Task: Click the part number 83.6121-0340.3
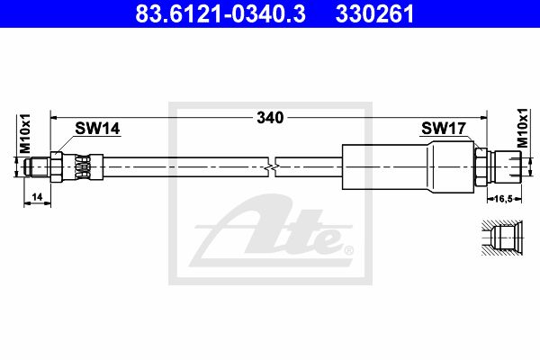(220, 13)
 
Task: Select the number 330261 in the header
(374, 13)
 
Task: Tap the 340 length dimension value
(270, 118)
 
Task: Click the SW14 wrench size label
(97, 129)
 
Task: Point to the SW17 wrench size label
(444, 129)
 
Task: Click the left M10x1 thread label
(25, 133)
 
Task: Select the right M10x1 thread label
(523, 128)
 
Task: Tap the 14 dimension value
(37, 197)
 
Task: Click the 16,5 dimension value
(503, 199)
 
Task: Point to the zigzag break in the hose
(272, 167)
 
